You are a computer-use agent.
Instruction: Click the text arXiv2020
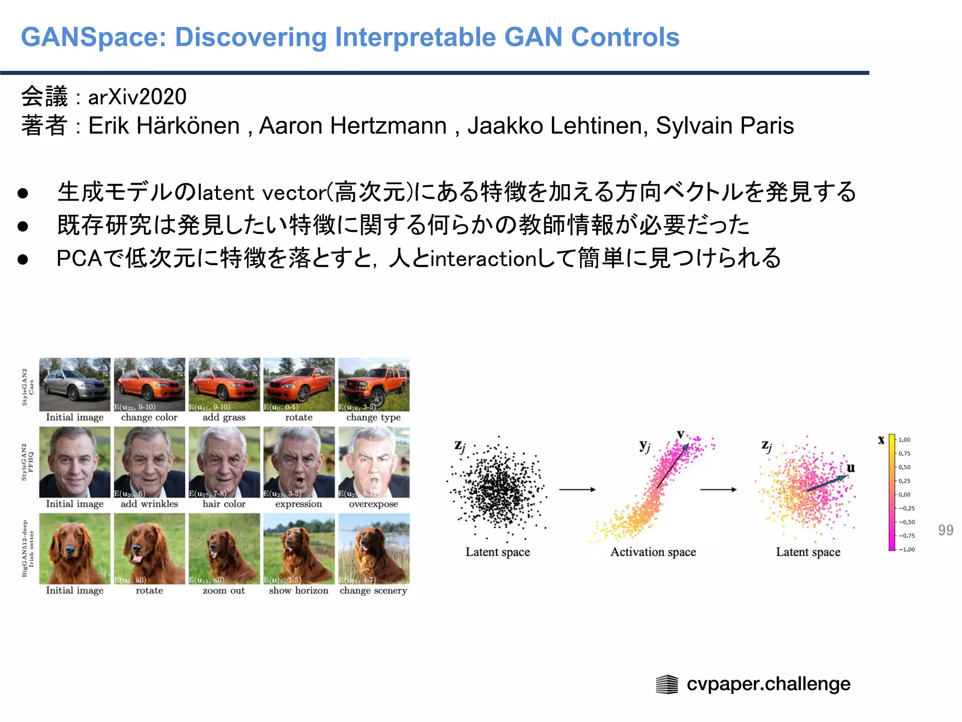pos(137,97)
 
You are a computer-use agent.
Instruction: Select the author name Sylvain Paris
pos(724,126)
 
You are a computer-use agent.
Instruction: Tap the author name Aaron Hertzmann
pos(352,126)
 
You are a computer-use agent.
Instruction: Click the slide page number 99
pos(945,530)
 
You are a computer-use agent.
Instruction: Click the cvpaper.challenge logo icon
pos(667,684)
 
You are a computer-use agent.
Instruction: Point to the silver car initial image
pos(75,385)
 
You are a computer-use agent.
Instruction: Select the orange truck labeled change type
pos(374,385)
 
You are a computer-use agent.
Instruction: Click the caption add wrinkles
pos(149,504)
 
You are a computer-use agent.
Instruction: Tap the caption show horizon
pos(299,590)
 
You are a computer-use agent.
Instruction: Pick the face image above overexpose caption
pos(374,463)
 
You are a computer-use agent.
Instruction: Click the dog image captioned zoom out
pos(224,549)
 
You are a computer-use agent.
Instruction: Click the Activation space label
pos(653,552)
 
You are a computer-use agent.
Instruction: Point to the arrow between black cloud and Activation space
pos(577,490)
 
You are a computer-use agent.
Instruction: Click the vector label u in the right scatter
pos(850,468)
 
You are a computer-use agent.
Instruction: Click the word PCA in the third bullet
pos(79,259)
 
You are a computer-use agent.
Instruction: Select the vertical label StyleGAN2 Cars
pos(28,387)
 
